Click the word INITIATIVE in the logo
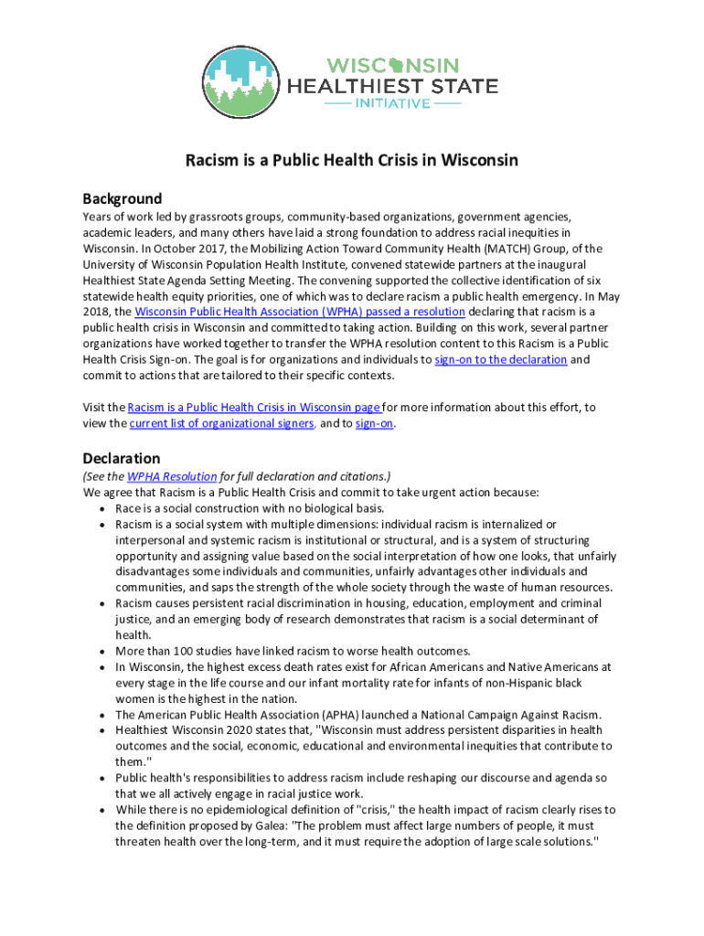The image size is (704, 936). [x=393, y=104]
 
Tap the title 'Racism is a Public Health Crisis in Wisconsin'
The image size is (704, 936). [x=352, y=161]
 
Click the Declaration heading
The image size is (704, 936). [x=121, y=458]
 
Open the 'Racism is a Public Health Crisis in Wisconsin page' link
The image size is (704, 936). [x=254, y=407]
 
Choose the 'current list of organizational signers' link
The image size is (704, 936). [x=223, y=423]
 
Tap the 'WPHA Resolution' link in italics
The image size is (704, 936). [x=172, y=476]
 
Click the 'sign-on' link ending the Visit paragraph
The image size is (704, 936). [x=380, y=423]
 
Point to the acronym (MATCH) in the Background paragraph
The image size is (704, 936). [x=541, y=248]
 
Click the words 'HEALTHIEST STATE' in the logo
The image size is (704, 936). [x=393, y=87]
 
